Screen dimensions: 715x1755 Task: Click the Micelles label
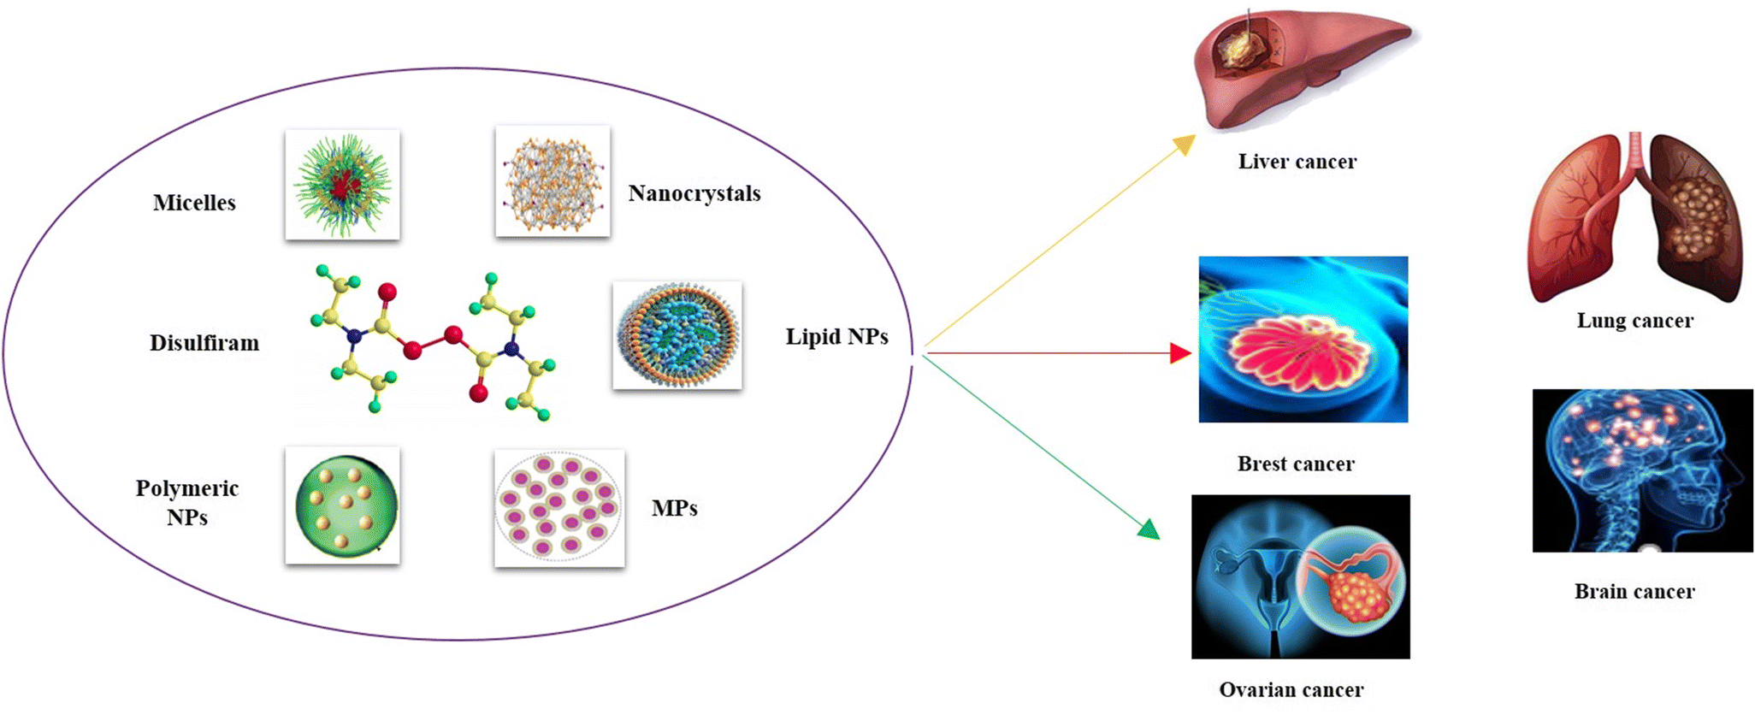194,203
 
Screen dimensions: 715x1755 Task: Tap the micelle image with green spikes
342,184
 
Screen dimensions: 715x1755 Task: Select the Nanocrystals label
694,193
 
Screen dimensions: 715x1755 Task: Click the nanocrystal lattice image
552,181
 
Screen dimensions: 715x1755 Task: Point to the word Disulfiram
204,343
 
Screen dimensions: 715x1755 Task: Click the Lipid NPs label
836,337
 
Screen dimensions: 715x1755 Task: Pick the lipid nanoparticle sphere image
677,335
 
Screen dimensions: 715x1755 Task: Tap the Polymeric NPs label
186,502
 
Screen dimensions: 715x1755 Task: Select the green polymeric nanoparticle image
342,505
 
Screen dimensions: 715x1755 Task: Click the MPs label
674,508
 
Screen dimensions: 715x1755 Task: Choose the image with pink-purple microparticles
559,508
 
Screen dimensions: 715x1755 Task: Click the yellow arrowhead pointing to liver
1185,145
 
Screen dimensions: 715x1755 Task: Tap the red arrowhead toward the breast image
1180,353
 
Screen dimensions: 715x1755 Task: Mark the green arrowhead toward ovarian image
1149,529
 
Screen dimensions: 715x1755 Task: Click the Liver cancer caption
1297,162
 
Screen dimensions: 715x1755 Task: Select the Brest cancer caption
1296,464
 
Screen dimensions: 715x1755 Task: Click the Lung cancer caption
1634,321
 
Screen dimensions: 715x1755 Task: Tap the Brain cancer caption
1634,591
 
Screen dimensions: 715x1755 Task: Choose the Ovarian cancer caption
1291,689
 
